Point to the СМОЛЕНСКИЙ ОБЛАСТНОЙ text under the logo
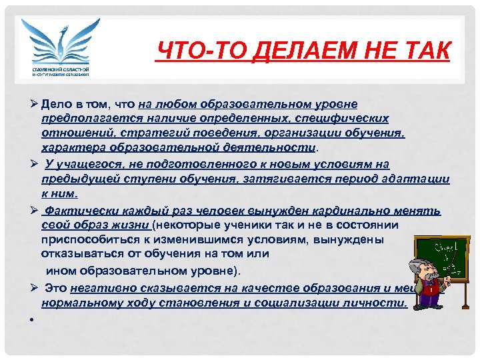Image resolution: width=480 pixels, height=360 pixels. click(x=61, y=69)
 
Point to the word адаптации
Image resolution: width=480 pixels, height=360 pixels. click(x=417, y=179)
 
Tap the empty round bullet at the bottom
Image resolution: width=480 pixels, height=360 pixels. click(x=31, y=319)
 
